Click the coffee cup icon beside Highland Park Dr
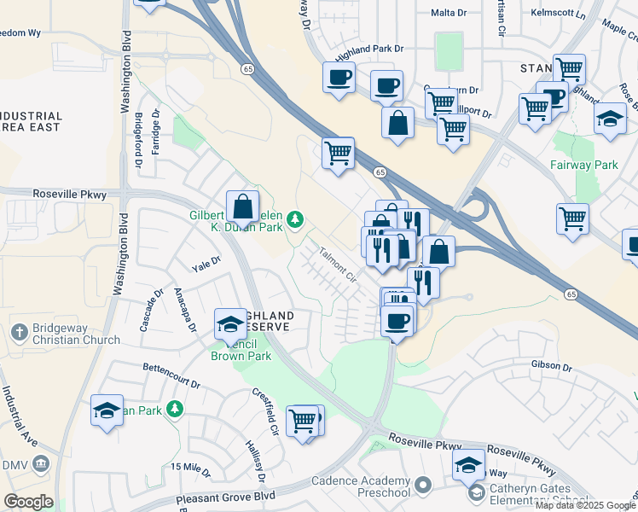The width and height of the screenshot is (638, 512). pyautogui.click(x=339, y=79)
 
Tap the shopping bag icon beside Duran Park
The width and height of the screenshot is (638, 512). pyautogui.click(x=243, y=206)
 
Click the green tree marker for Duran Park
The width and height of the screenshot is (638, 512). pyautogui.click(x=295, y=221)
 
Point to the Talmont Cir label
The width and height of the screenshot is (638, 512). pyautogui.click(x=338, y=265)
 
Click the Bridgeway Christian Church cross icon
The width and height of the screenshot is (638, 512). pyautogui.click(x=20, y=330)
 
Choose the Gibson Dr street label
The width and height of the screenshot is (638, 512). pyautogui.click(x=550, y=367)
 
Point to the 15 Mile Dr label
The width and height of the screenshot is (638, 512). pyautogui.click(x=190, y=467)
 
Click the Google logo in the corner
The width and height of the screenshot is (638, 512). pyautogui.click(x=28, y=502)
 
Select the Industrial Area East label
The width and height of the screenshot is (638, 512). pyautogui.click(x=31, y=121)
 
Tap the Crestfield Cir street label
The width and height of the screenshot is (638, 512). pyautogui.click(x=265, y=411)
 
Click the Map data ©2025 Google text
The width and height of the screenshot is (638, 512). pyautogui.click(x=585, y=505)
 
